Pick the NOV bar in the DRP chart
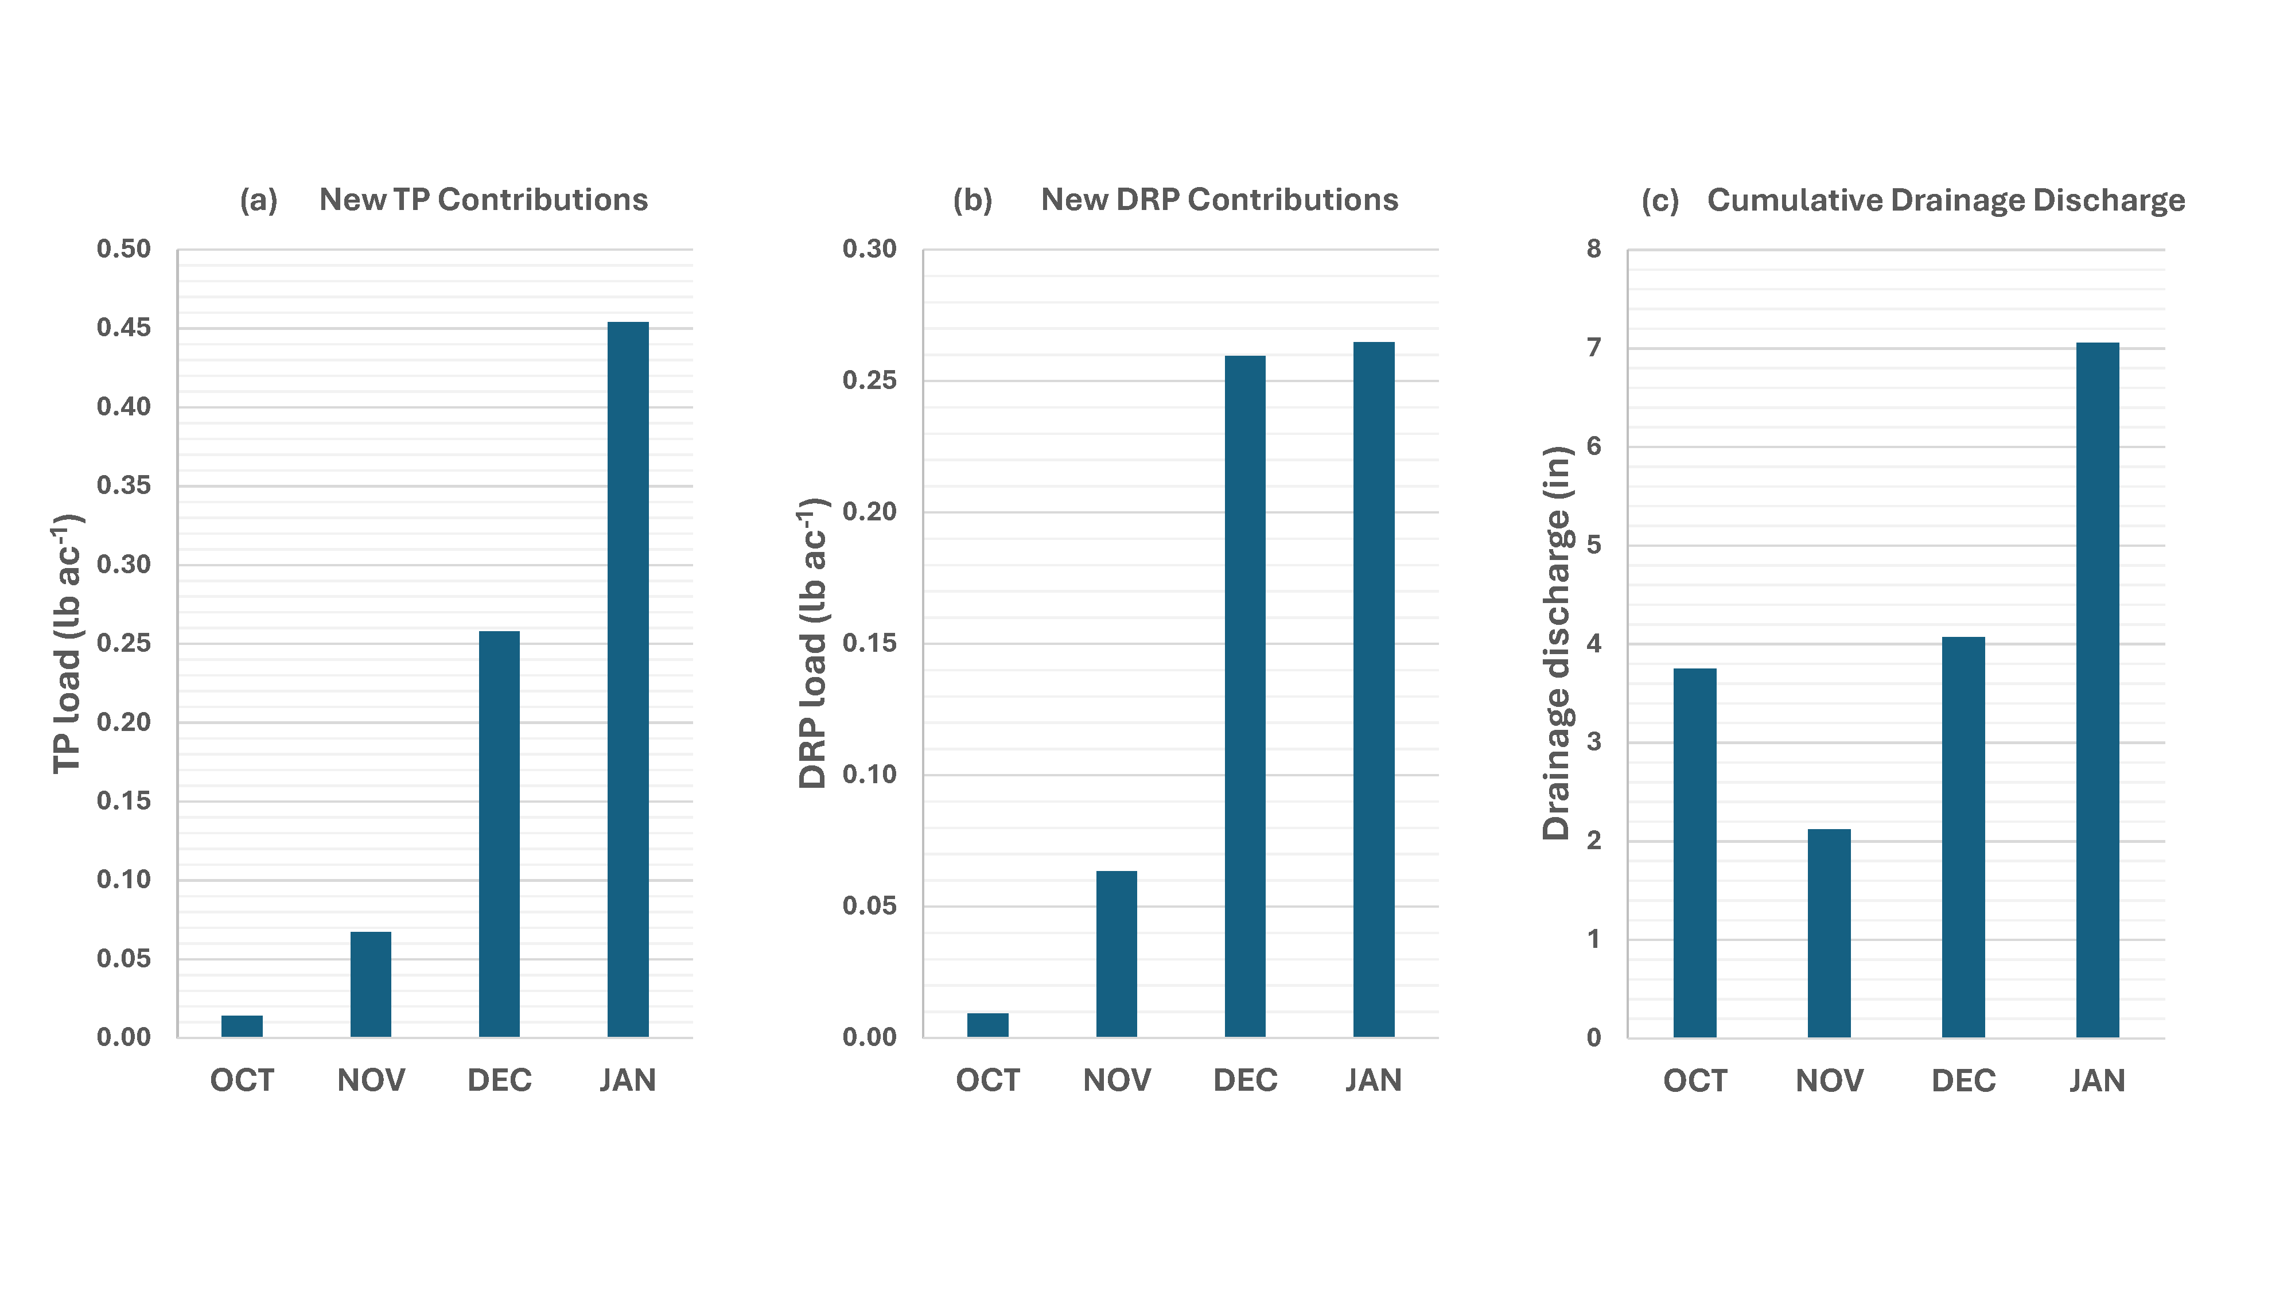[1117, 953]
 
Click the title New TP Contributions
[483, 200]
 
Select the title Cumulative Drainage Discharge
[1945, 200]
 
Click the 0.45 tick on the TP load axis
[124, 327]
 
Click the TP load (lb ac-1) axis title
[67, 643]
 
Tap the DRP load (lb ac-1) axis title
[812, 643]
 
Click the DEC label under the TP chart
[499, 1080]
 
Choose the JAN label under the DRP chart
[1373, 1080]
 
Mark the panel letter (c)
[1660, 200]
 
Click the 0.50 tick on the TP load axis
[124, 248]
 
